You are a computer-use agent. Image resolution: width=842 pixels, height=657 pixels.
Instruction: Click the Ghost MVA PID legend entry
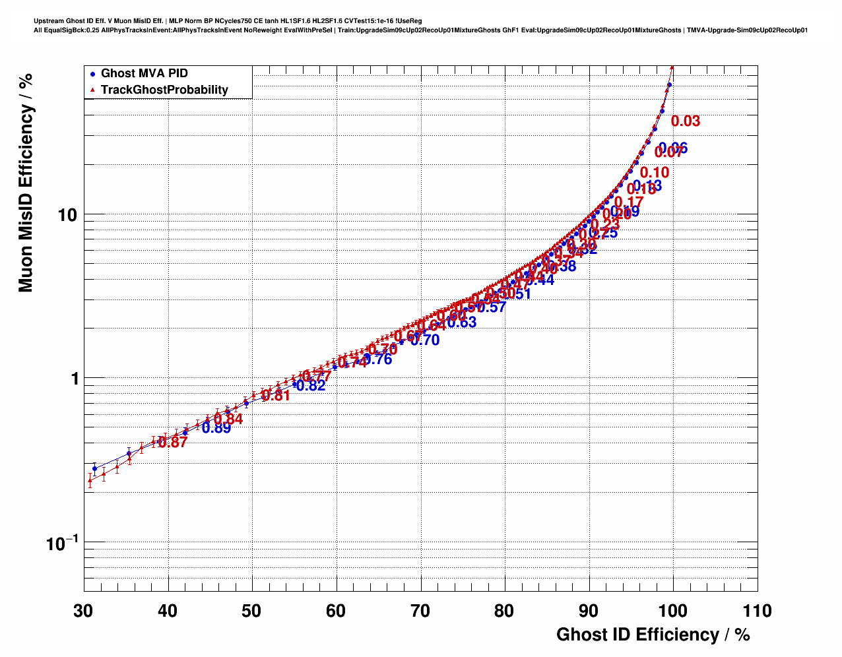point(144,73)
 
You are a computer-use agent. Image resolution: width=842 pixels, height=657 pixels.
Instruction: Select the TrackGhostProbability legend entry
point(164,90)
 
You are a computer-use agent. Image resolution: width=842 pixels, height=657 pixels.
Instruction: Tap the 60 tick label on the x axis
point(337,611)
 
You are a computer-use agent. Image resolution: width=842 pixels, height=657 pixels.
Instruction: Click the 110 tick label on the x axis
point(756,611)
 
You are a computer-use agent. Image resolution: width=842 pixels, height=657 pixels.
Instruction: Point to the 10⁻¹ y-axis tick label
point(62,543)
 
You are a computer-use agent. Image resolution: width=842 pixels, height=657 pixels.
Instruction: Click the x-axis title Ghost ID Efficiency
point(653,635)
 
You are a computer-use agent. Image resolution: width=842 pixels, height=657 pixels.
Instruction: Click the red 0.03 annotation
point(686,121)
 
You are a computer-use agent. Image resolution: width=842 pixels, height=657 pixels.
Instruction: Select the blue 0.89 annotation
point(216,428)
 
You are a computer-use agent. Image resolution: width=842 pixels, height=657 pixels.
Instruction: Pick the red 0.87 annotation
point(173,443)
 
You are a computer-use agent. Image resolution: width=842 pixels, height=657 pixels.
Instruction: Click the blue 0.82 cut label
point(311,386)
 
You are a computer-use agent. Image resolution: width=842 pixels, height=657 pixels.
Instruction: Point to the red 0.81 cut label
point(276,396)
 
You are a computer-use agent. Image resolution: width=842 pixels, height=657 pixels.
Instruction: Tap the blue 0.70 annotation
point(425,340)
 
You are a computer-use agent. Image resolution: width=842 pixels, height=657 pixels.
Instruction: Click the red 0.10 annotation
point(655,173)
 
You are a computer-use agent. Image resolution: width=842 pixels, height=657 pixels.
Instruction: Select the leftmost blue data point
point(95,468)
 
